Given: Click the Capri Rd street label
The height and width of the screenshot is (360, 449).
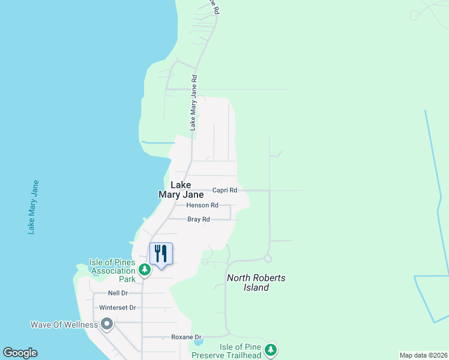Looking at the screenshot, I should click(x=225, y=190).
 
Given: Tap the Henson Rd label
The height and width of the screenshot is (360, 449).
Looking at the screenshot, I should click(x=198, y=205).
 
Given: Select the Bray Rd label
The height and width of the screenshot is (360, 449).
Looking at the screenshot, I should click(x=198, y=220).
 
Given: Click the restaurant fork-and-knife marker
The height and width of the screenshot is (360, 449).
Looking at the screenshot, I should click(x=160, y=254).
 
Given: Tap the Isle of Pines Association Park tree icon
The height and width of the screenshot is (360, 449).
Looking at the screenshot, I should click(x=144, y=271).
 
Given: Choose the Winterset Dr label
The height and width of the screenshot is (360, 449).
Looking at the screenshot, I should click(x=118, y=308).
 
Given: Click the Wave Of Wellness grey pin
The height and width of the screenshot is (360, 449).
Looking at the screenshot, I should click(x=107, y=325).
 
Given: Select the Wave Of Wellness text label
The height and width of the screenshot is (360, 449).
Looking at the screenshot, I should click(x=64, y=325).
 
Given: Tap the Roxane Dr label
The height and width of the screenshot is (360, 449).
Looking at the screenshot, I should click(x=186, y=337).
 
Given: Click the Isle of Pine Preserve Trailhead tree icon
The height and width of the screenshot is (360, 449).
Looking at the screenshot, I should click(x=271, y=350).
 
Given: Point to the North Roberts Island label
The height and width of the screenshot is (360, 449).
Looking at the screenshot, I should click(x=256, y=283).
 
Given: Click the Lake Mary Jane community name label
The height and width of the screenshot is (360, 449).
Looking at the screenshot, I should click(x=181, y=190).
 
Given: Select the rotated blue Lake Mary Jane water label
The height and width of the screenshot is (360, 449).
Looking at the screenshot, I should click(x=33, y=207).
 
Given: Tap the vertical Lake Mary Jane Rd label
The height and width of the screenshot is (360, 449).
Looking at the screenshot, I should click(x=193, y=103).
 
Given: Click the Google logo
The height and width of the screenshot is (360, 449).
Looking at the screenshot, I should click(x=20, y=353).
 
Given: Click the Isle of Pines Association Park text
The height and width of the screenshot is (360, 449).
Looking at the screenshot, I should click(x=113, y=271).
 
